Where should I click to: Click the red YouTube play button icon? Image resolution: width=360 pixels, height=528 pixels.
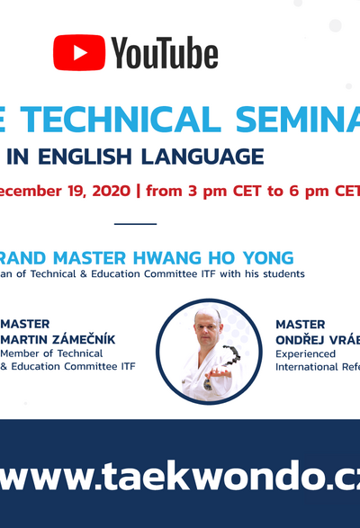[x=79, y=52]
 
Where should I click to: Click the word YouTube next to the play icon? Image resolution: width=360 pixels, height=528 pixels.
[x=165, y=54]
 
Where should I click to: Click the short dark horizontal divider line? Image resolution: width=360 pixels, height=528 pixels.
[x=136, y=224]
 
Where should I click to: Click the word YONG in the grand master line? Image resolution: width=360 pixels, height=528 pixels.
[x=269, y=257]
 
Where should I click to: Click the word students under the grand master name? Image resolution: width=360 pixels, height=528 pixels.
[x=283, y=273]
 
